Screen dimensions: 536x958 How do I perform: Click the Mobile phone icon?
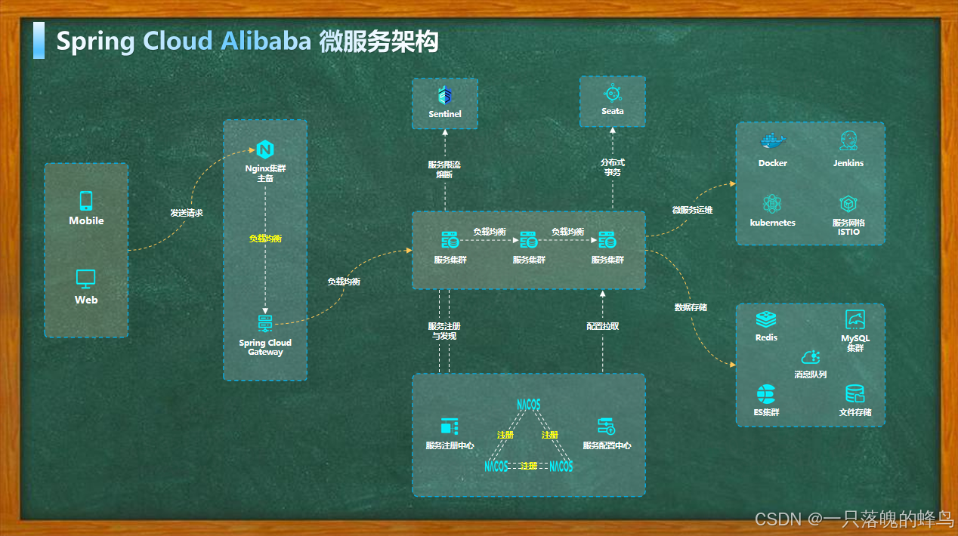pos(86,201)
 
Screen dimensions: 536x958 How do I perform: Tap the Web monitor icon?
pos(86,279)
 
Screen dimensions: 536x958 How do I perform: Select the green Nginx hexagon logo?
pos(264,149)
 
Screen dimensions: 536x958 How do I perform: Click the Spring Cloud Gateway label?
pos(265,347)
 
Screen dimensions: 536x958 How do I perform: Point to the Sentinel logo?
pos(445,96)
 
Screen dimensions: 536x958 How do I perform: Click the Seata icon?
pos(612,94)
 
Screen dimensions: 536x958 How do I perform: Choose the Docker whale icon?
pos(773,141)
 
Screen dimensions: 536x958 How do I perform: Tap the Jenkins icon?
pos(848,140)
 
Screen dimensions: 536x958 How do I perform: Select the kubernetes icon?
pos(772,203)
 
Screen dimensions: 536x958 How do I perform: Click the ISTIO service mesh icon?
pos(848,204)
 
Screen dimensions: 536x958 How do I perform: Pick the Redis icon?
pos(766,319)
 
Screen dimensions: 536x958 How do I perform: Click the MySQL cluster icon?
pos(855,319)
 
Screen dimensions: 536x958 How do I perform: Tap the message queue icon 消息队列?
pos(811,357)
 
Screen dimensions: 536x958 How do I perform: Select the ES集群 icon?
pos(766,394)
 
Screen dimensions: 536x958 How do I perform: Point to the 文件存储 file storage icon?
pos(855,394)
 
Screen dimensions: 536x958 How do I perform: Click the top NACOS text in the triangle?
pos(529,405)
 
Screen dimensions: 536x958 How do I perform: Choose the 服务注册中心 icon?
pos(450,426)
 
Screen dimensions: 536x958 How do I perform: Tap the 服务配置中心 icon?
pos(606,426)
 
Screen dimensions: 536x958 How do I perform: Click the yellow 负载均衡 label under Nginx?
pos(265,239)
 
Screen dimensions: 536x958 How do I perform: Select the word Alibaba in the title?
pos(265,41)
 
